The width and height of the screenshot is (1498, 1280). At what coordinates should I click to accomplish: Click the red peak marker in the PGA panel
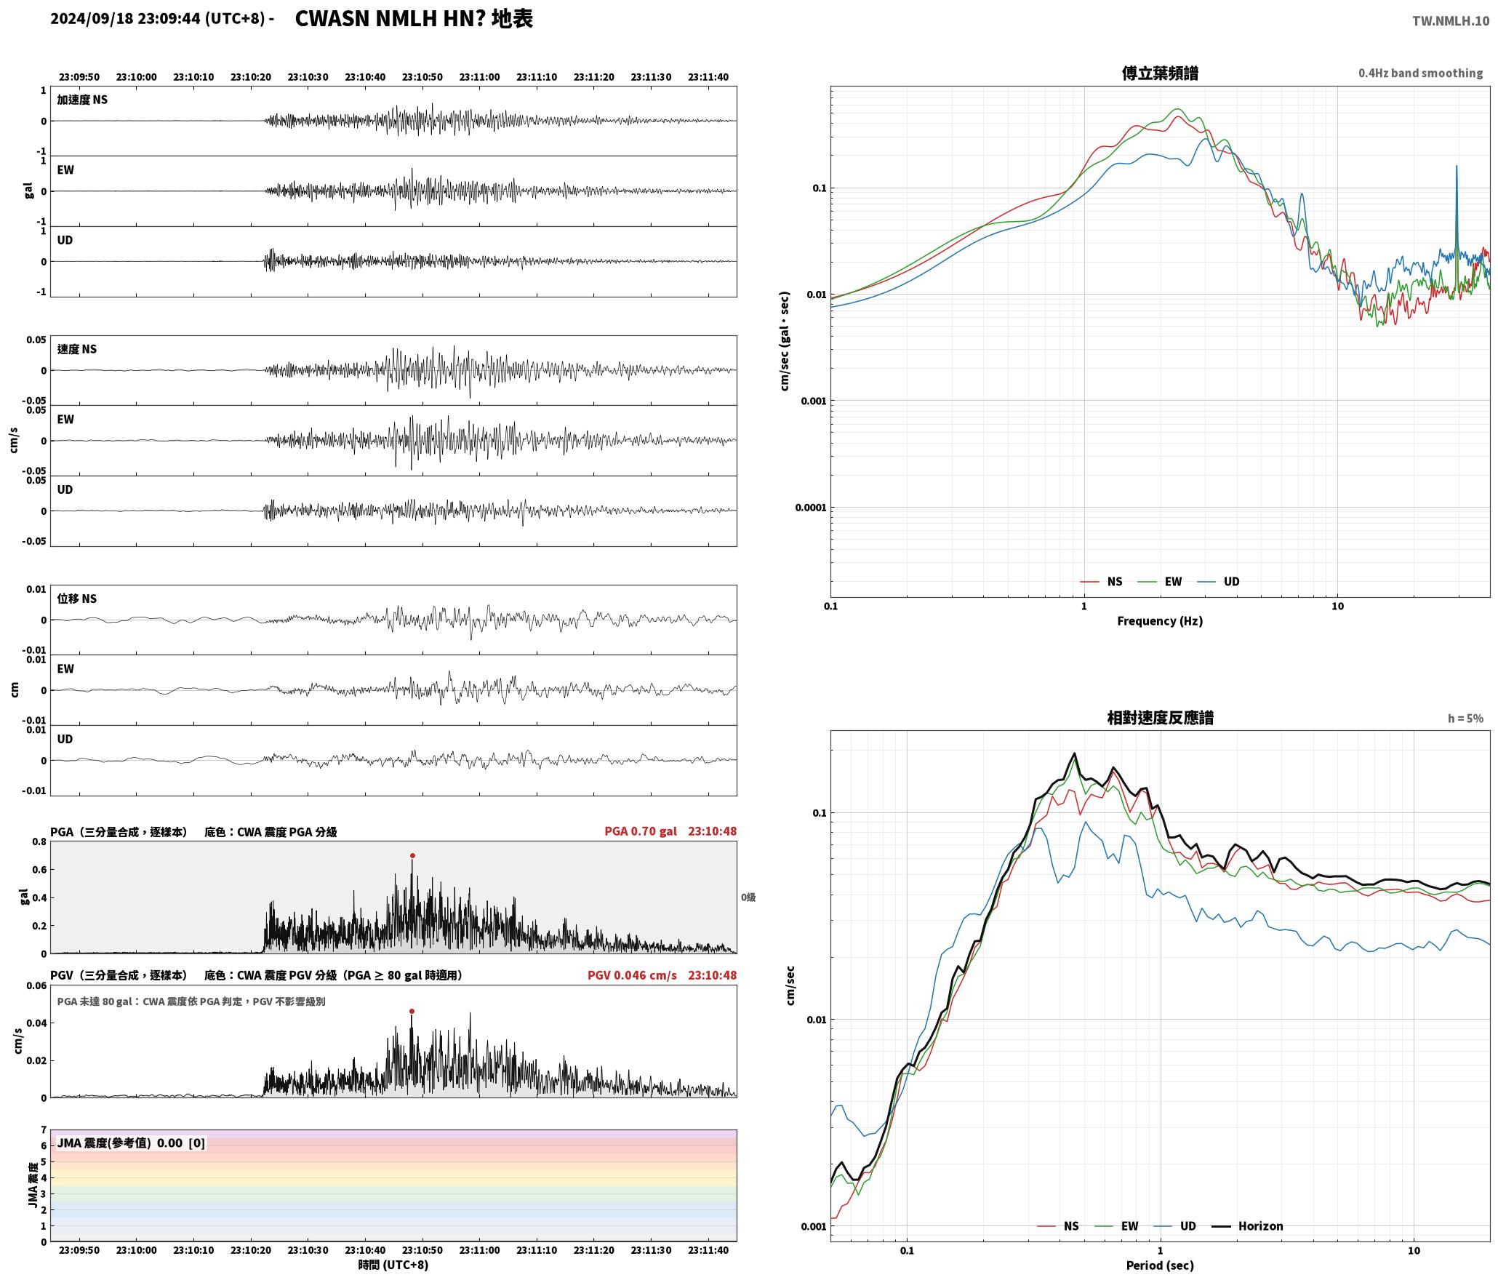tap(412, 856)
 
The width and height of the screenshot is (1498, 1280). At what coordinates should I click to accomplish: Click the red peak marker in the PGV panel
tap(412, 1011)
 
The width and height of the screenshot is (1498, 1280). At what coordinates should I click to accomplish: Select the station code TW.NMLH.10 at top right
tap(1451, 21)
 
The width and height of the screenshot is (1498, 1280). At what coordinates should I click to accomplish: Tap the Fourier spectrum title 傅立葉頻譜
tap(1160, 73)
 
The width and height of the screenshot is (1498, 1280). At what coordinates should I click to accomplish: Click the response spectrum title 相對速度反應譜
tap(1160, 718)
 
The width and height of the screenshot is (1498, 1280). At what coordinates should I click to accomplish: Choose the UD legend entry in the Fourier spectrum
tap(1219, 582)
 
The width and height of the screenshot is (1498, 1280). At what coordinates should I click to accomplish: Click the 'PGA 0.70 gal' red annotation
tap(641, 831)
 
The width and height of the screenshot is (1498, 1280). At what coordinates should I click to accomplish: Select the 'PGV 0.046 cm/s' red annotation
tap(632, 975)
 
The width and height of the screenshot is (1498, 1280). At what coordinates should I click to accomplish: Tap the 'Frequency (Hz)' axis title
tap(1160, 621)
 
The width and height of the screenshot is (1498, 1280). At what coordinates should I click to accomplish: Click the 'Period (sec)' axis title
tap(1160, 1265)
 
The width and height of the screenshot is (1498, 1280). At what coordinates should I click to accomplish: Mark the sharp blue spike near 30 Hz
tap(1457, 167)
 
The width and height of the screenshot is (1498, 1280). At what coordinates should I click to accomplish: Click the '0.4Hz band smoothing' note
tap(1420, 73)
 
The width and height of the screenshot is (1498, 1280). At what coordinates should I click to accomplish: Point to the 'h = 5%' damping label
tap(1465, 719)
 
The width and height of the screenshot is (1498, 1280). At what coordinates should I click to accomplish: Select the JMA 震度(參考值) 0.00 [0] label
tap(131, 1143)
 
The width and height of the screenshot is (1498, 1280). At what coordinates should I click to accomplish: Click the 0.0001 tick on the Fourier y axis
tap(811, 508)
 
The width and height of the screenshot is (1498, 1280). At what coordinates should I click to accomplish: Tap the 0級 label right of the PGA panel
tap(748, 897)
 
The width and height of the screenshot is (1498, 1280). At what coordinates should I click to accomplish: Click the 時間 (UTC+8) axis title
tap(393, 1265)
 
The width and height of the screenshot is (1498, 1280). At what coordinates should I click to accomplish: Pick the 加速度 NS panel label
tap(82, 100)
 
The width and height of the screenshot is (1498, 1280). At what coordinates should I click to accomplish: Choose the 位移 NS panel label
tap(77, 599)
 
